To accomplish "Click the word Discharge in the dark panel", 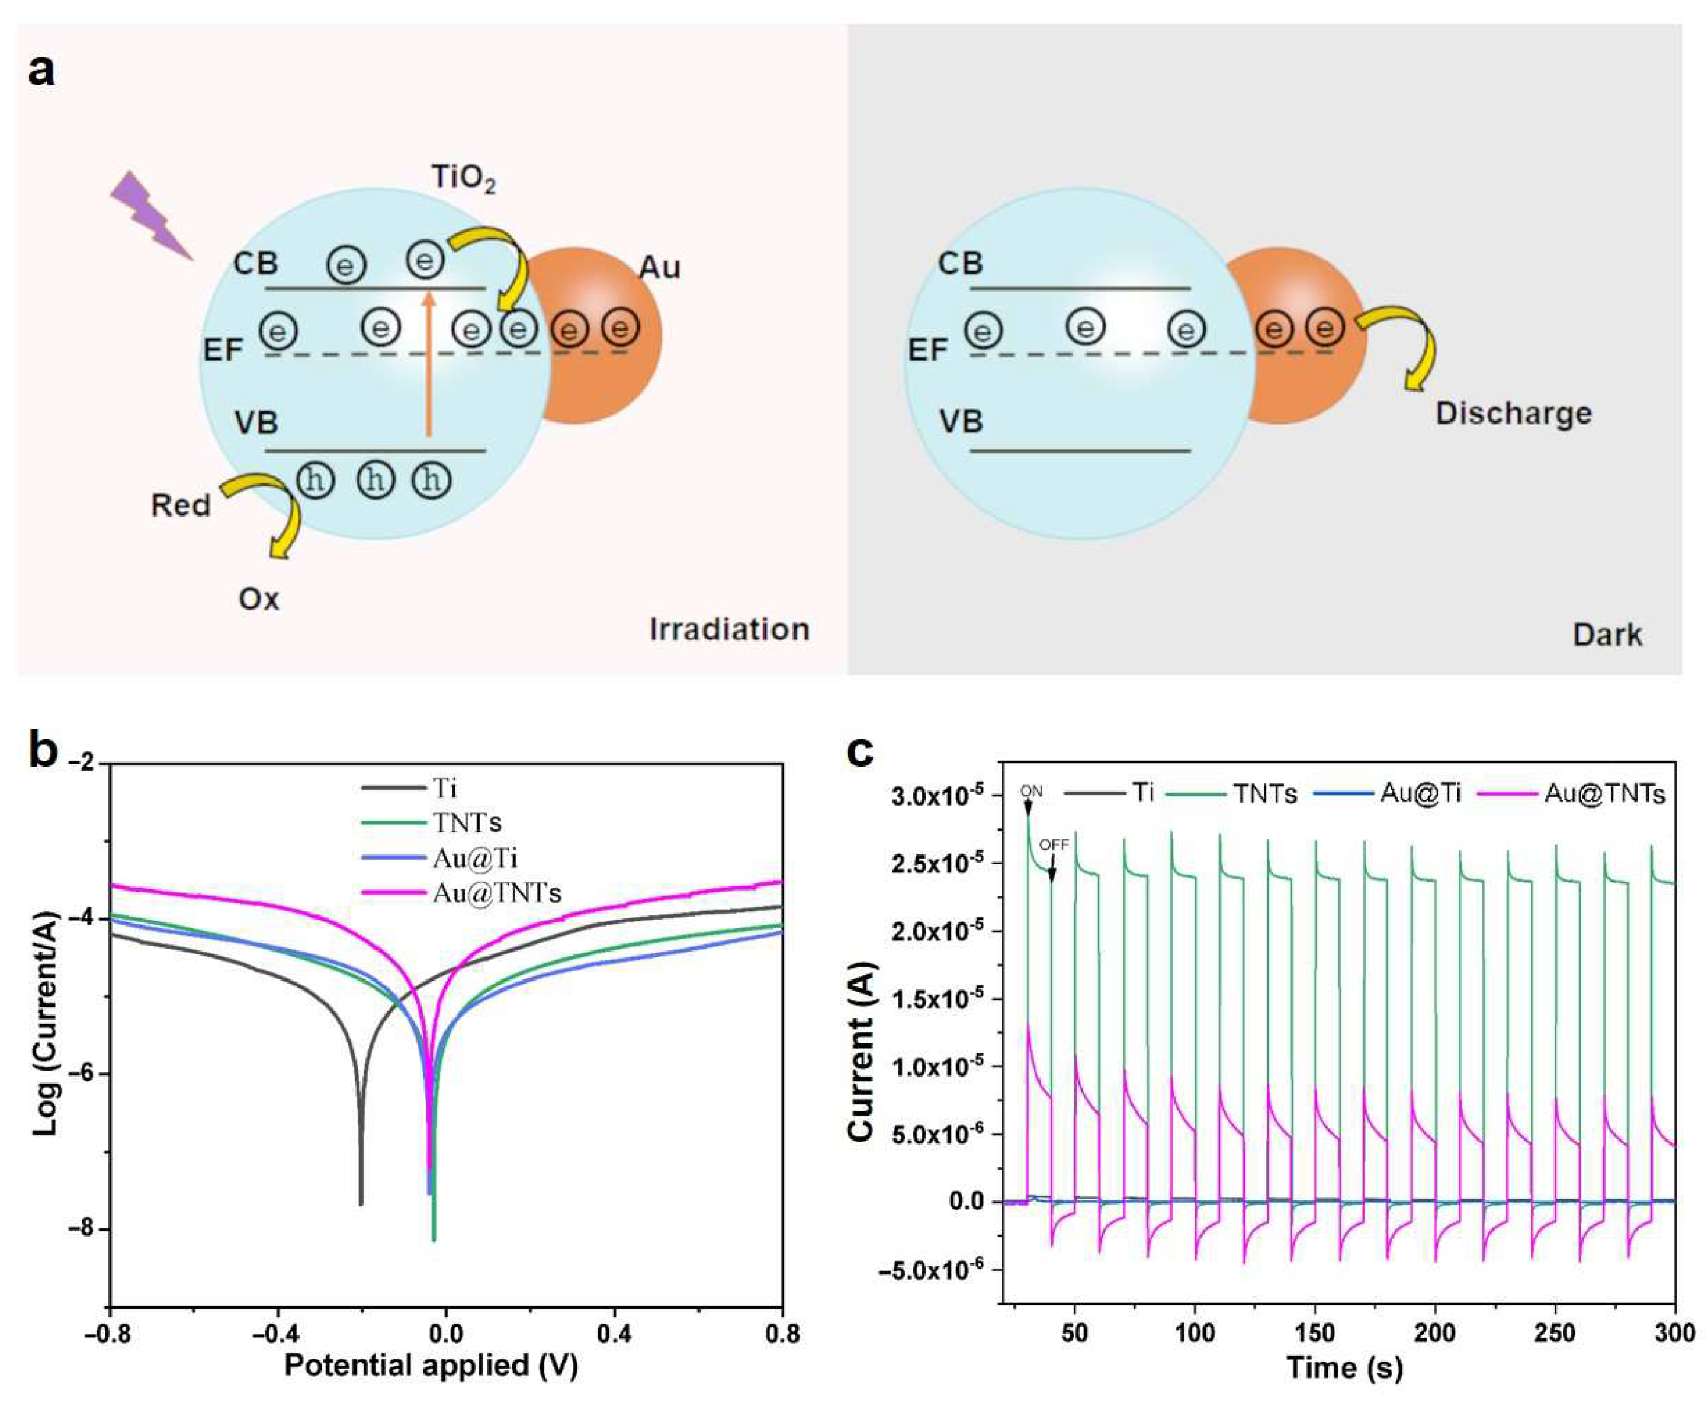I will [x=1513, y=414].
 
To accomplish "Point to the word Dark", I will [x=1607, y=635].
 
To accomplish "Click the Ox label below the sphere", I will [x=259, y=599].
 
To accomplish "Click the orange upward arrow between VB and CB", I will [x=428, y=364].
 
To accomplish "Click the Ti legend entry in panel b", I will [x=444, y=788].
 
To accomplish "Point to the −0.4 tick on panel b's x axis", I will [x=278, y=1332].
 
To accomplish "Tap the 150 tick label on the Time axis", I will [x=1315, y=1334].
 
